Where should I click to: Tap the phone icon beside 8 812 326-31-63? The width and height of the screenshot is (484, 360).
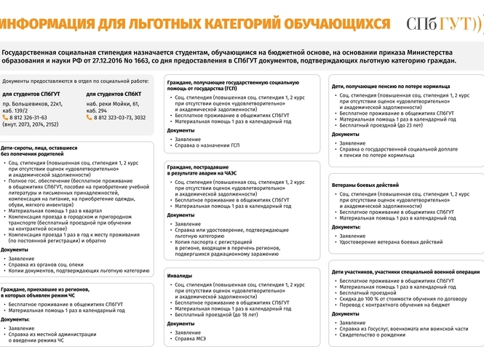6,116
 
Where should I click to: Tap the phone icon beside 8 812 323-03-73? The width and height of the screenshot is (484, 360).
90,116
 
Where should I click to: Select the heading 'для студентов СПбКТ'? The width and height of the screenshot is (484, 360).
114,95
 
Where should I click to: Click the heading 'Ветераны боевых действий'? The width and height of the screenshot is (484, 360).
365,185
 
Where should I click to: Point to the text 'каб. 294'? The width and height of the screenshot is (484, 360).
97,110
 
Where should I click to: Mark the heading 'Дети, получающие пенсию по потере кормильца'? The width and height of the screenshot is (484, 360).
390,87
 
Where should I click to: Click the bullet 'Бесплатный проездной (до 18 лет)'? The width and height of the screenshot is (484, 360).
218,315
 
